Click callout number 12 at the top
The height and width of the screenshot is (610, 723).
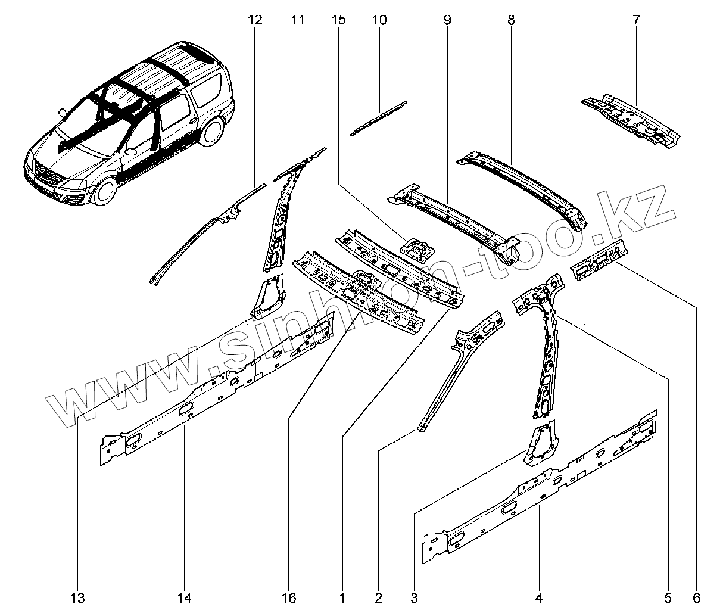(x=255, y=20)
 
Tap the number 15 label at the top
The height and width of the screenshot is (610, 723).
(x=338, y=20)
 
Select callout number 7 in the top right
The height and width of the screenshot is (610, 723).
(x=636, y=20)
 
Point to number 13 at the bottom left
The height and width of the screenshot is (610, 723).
(x=77, y=598)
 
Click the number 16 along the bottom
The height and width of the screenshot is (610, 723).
(x=289, y=598)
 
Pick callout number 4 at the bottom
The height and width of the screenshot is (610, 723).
(x=539, y=598)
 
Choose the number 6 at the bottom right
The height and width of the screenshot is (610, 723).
(x=697, y=598)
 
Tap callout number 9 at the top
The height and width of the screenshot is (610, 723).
(x=447, y=20)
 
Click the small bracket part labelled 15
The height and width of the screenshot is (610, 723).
(x=418, y=250)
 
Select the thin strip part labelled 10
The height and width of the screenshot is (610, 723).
(x=379, y=119)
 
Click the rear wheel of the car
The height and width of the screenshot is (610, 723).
(x=212, y=130)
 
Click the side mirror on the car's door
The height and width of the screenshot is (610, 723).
(x=130, y=151)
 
